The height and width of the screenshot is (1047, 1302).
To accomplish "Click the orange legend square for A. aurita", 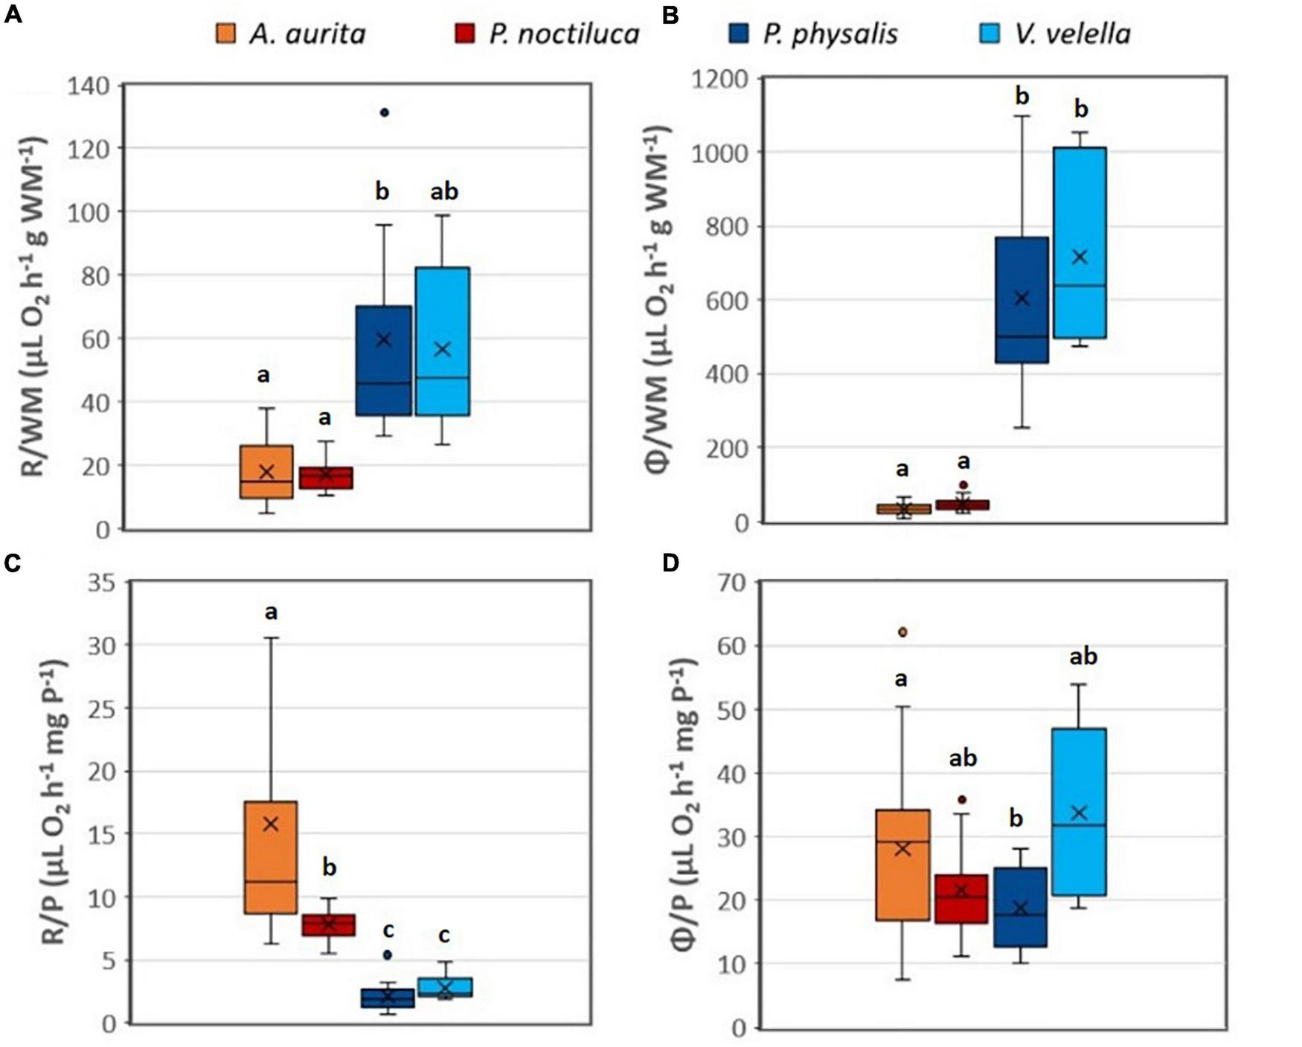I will coord(225,33).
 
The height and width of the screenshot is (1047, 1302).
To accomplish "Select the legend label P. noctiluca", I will coord(564,33).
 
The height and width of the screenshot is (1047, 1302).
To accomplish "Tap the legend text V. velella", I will coord(1072,33).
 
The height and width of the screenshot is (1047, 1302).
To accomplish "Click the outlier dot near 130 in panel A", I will coord(384,112).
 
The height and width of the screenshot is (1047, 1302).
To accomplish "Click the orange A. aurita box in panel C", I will coord(271,857).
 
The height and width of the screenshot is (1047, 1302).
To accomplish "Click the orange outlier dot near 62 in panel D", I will coord(903,632).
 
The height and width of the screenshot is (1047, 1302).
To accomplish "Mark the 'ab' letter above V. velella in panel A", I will coord(444,192).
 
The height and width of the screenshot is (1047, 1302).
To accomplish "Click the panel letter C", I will coord(13,563).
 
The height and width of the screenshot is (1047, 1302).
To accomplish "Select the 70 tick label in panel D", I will coord(731,583).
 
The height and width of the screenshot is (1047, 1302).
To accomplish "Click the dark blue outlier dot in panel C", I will coord(387,954).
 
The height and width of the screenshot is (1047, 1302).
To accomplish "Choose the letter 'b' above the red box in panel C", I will coord(330,868).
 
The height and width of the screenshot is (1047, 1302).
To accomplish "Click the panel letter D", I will coord(670,563).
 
